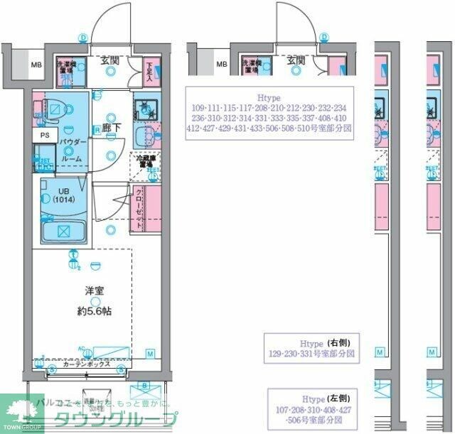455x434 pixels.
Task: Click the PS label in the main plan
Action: (x=45, y=135)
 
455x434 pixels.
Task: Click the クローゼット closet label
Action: (x=139, y=205)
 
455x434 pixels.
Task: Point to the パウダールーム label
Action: (x=73, y=151)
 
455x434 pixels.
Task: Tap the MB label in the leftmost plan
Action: (x=35, y=66)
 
